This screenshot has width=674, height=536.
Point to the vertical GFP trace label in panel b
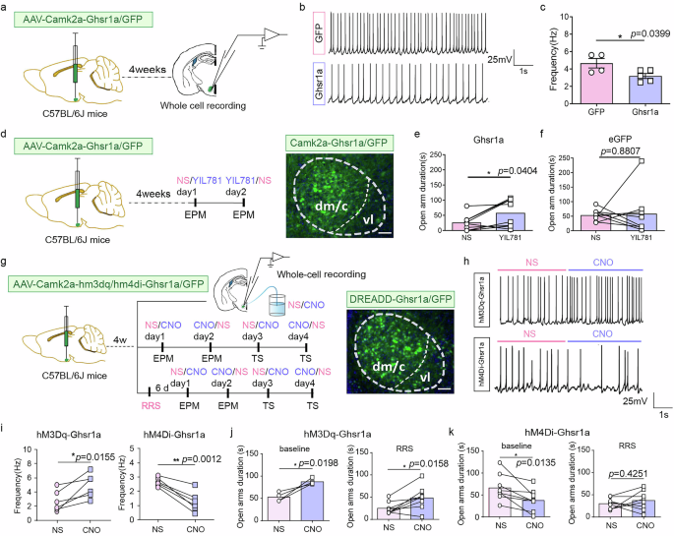point(319,30)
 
